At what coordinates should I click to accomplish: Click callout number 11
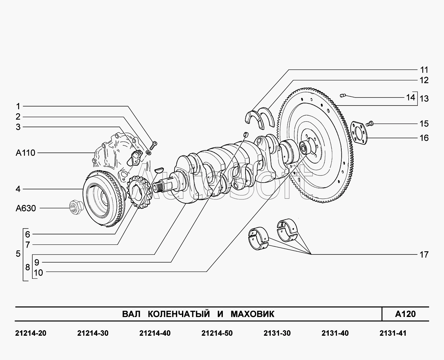(424, 70)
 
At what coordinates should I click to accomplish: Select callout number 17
(424, 255)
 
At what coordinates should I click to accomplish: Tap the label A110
(26, 153)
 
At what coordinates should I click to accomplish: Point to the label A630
(26, 208)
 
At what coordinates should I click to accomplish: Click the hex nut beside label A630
(76, 206)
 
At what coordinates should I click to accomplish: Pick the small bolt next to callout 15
(370, 123)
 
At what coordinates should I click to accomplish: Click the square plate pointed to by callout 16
(359, 133)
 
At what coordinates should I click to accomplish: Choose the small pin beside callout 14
(344, 95)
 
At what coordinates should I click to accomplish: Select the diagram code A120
(405, 314)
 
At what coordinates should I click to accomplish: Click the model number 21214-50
(217, 333)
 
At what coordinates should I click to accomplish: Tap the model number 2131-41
(393, 333)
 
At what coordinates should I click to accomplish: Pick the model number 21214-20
(31, 333)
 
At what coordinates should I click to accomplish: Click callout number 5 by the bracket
(18, 254)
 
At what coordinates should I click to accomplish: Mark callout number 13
(424, 99)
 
